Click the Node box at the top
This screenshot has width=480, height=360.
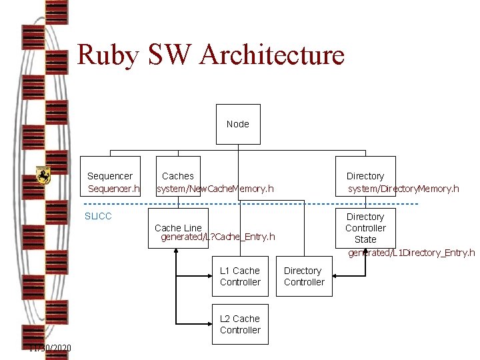tap(238, 124)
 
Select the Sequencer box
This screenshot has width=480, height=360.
tap(110, 177)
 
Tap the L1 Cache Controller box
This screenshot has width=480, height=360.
tap(240, 276)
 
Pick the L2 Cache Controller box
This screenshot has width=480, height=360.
tap(240, 324)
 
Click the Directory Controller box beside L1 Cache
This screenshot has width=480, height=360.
tap(303, 276)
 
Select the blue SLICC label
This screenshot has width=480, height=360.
tap(98, 216)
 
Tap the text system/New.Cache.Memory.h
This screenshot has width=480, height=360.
tap(215, 189)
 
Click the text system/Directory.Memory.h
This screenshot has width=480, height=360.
tap(403, 189)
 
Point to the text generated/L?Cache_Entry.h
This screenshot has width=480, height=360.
tap(218, 237)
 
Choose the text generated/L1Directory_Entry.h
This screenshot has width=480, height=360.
tap(411, 253)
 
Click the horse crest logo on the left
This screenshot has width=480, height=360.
tap(43, 175)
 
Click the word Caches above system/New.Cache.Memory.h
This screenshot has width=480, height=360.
tap(178, 176)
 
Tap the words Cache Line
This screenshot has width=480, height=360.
tap(178, 228)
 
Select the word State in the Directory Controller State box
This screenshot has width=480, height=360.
tap(365, 239)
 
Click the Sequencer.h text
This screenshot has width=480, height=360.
tap(114, 189)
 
